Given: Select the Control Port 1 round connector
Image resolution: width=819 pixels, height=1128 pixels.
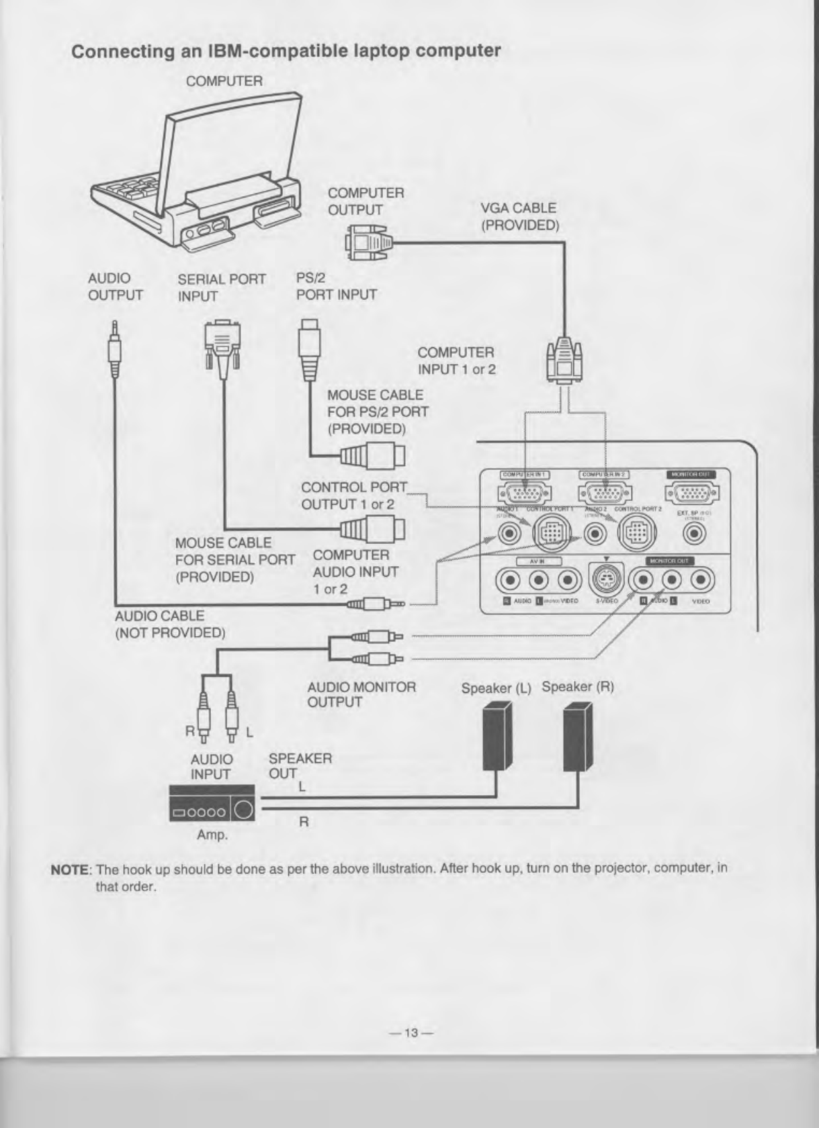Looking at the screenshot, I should pyautogui.click(x=550, y=534).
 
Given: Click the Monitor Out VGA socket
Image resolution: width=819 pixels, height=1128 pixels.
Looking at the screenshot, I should pyautogui.click(x=691, y=494).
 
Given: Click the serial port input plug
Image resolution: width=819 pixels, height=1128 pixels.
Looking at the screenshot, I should pyautogui.click(x=222, y=342).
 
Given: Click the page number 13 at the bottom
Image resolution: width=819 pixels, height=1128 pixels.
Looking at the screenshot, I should pyautogui.click(x=409, y=1033).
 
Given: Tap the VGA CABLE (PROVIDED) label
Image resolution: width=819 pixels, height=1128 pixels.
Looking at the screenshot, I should pyautogui.click(x=519, y=216).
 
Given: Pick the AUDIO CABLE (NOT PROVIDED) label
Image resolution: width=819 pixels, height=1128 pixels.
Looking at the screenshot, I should pyautogui.click(x=169, y=624).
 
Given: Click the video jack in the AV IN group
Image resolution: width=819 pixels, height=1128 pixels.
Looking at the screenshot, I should pyautogui.click(x=568, y=579).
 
